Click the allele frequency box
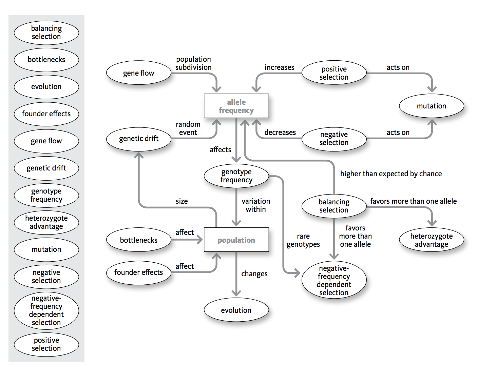[x=236, y=106]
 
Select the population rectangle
[x=236, y=240]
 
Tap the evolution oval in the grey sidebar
[x=46, y=87]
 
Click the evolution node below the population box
[x=236, y=310]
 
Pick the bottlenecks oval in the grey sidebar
[x=46, y=60]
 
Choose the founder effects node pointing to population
[x=138, y=272]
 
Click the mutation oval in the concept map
[x=431, y=106]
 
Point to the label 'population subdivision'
[x=193, y=63]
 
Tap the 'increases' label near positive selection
[x=279, y=67]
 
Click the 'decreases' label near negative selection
[x=280, y=133]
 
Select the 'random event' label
[x=188, y=128]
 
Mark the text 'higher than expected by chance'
[x=391, y=174]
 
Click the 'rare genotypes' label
[x=303, y=240]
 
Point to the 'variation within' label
[x=256, y=205]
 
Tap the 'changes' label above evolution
[x=254, y=274]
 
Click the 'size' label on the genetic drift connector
[x=182, y=201]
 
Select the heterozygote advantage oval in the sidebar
[x=46, y=222]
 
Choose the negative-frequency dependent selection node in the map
[x=334, y=281]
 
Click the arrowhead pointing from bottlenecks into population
[x=199, y=240]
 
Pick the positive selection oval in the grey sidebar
[x=46, y=344]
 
